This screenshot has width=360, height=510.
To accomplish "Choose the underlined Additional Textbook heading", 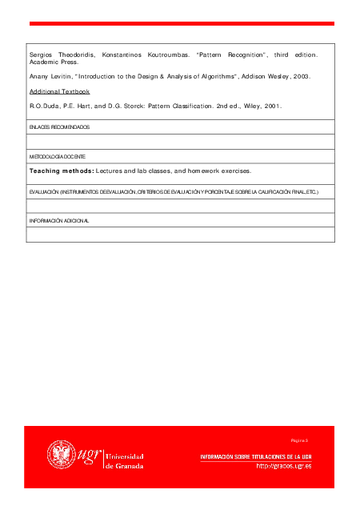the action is click(x=59, y=91).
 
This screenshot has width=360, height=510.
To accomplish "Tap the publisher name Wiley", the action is click(x=246, y=106).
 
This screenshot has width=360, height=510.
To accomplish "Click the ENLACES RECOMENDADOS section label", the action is click(x=59, y=127).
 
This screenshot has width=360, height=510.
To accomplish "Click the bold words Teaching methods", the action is click(x=62, y=171).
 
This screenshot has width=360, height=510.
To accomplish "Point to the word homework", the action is click(x=210, y=171).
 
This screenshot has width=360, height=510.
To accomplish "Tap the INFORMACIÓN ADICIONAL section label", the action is click(x=59, y=220).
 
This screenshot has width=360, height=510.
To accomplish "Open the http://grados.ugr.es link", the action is click(x=283, y=466).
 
